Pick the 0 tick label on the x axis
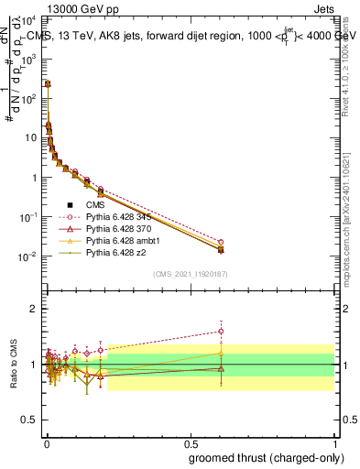coord(47,442)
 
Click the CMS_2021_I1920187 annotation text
coord(190,273)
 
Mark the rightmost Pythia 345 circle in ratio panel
coord(221,332)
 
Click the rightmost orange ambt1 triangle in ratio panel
coord(221,353)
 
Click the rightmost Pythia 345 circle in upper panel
coord(221,243)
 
